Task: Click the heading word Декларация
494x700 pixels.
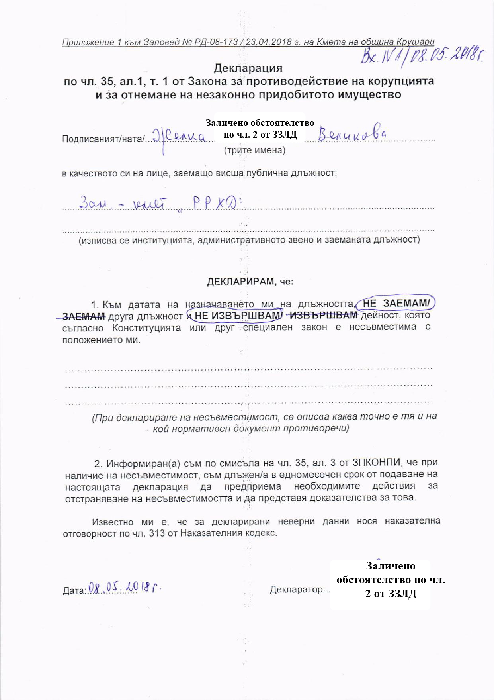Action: (248, 68)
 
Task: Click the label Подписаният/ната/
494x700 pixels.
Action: (102, 139)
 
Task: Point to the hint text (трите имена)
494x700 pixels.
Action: (255, 150)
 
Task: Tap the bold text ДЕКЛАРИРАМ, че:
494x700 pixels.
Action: (250, 282)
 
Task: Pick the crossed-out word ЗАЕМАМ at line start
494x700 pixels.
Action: (84, 316)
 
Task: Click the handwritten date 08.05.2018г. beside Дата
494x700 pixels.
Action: (125, 588)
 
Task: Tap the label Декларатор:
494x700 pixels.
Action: (299, 589)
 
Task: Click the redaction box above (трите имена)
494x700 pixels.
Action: (260, 128)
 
